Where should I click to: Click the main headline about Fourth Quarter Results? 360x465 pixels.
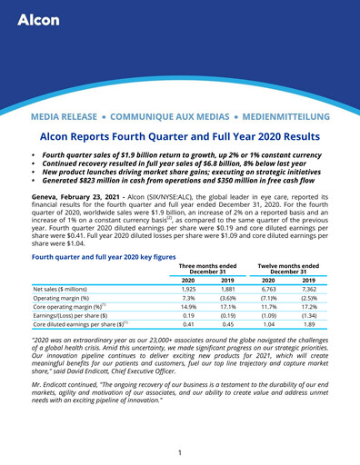[x=180, y=135]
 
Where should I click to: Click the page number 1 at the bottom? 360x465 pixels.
[x=180, y=452]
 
